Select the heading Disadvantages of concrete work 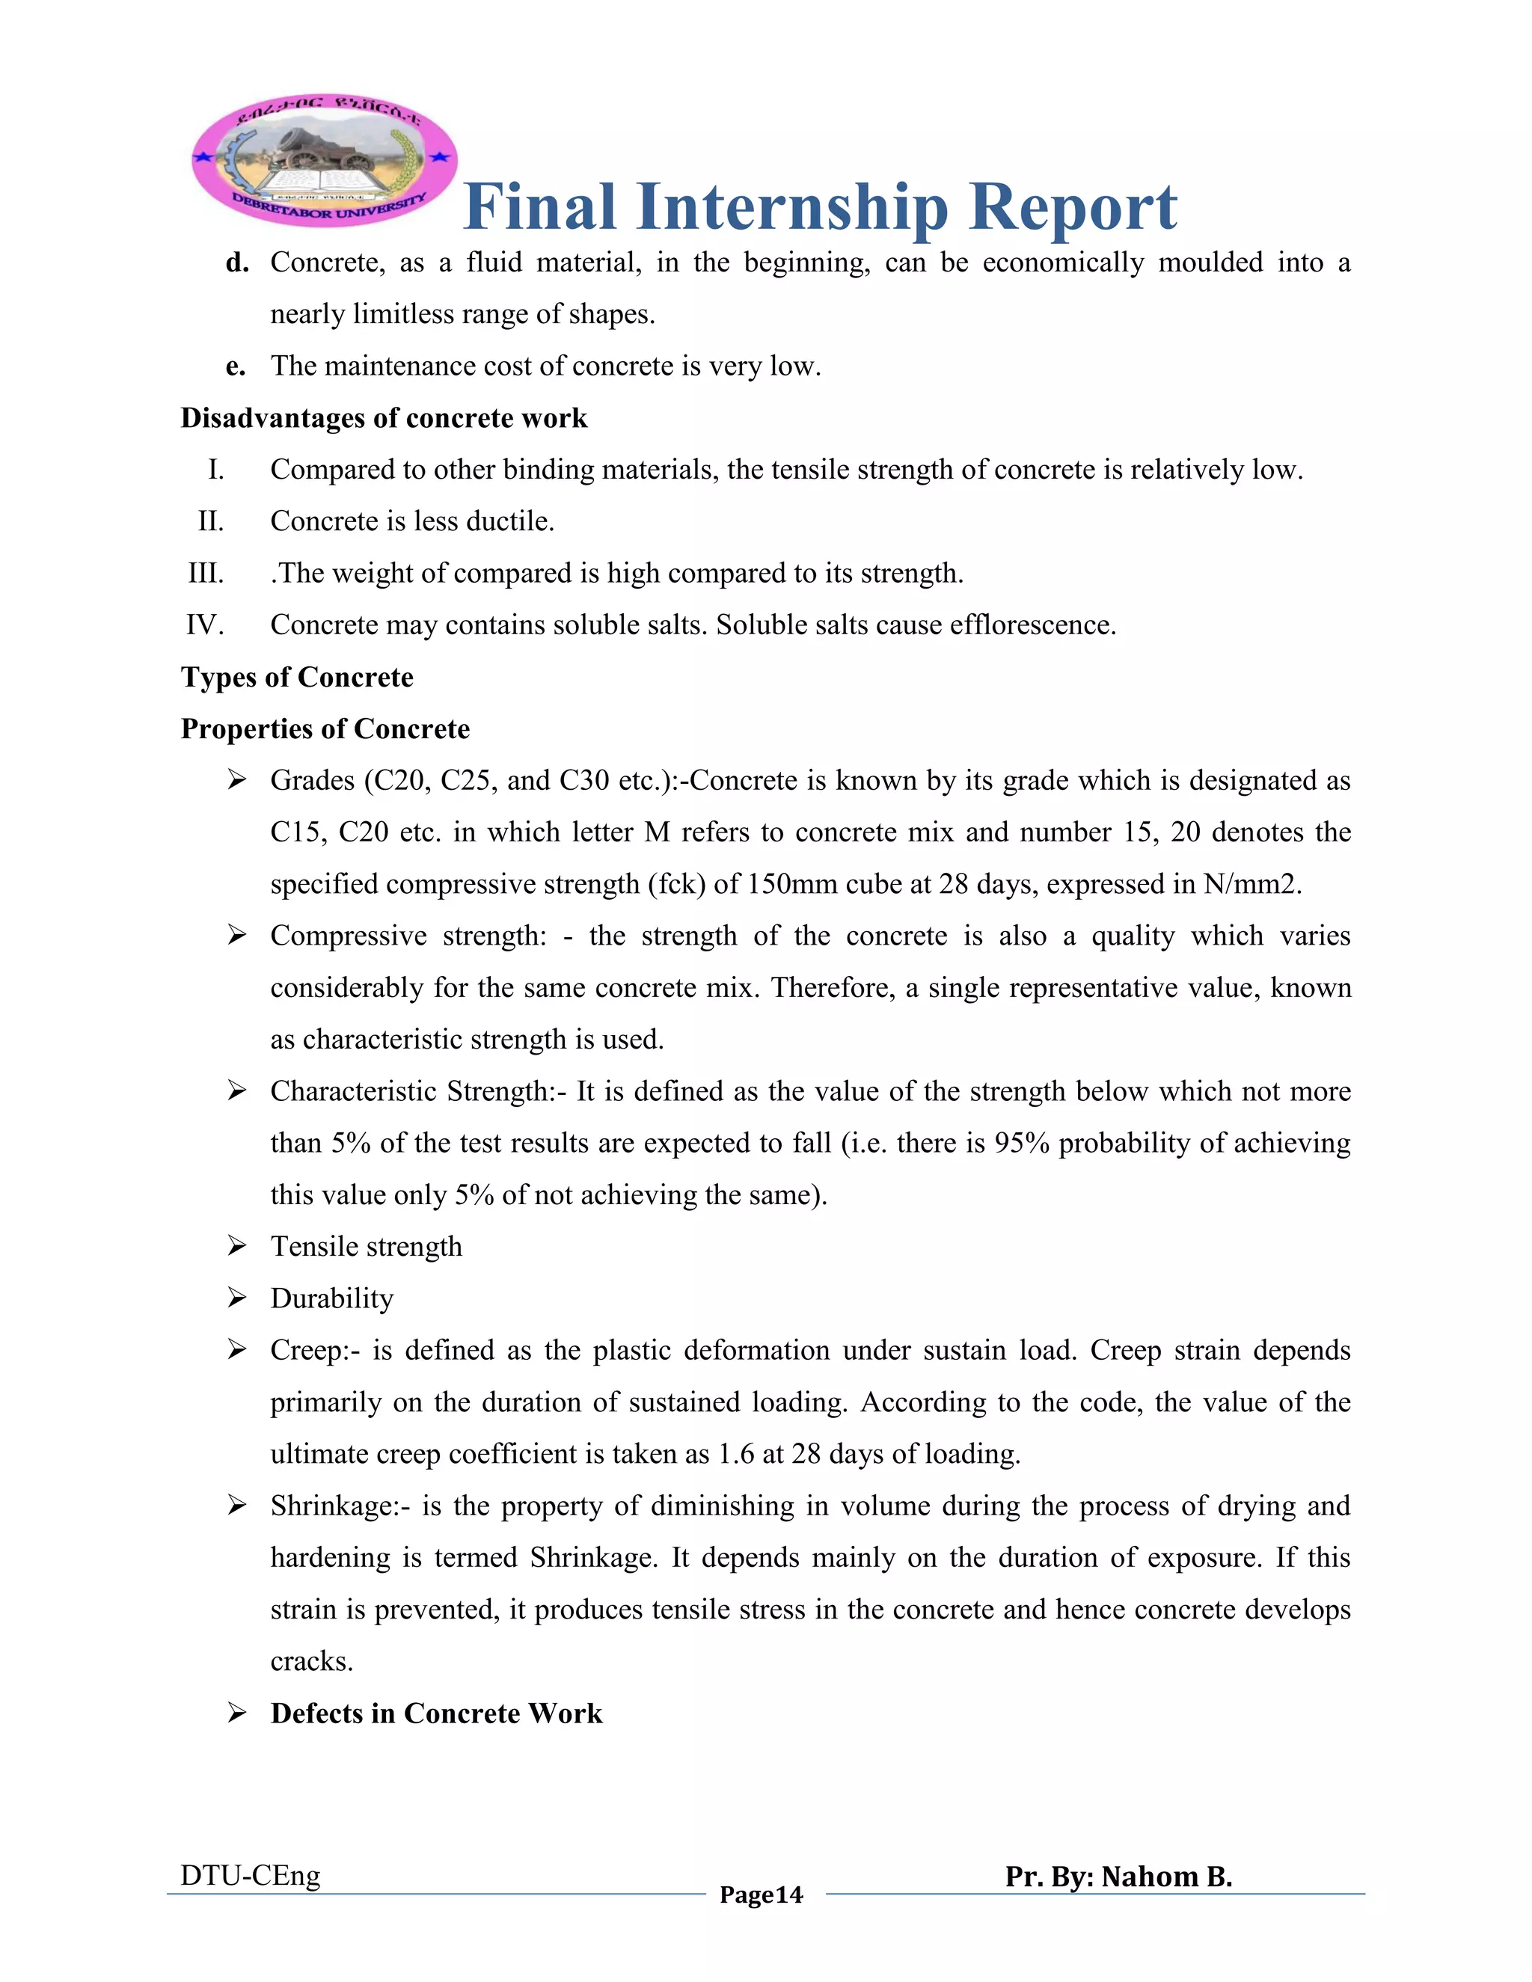(x=384, y=418)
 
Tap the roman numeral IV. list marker (x=204, y=625)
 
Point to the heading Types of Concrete (x=297, y=678)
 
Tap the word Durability (x=332, y=1298)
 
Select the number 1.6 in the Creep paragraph (x=736, y=1455)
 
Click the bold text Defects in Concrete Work (x=437, y=1713)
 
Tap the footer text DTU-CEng (x=251, y=1876)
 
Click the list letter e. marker (x=236, y=366)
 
